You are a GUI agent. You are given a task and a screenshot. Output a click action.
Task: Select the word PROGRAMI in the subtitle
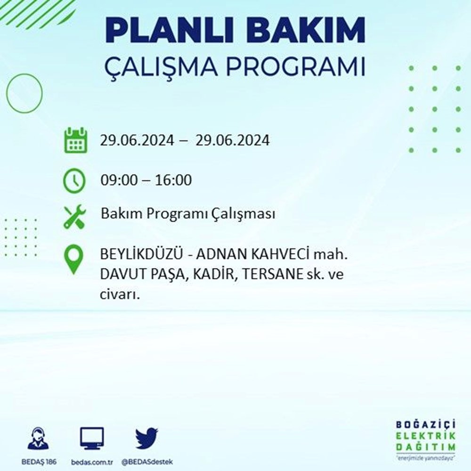[x=296, y=67]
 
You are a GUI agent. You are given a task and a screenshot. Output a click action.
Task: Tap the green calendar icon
[x=75, y=140]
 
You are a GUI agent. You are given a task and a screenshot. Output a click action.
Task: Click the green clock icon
[x=74, y=180]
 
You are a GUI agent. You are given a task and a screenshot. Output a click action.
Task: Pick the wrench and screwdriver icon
[x=75, y=216]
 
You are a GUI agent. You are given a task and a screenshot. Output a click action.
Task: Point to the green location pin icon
[x=73, y=260]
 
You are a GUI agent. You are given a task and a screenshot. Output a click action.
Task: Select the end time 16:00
[x=173, y=180]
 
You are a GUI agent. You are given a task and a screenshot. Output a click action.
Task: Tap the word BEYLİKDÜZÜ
[x=141, y=254]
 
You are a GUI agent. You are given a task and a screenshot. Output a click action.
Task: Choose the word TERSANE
[x=272, y=274]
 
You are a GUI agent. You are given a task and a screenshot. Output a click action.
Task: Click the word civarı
[x=120, y=295]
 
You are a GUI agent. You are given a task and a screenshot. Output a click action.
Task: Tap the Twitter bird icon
[x=146, y=439]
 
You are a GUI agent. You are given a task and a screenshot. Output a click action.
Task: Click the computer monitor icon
[x=92, y=438]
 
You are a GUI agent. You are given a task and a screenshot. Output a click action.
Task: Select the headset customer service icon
[x=38, y=439]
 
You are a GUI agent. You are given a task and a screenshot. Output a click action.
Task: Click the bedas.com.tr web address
[x=92, y=462]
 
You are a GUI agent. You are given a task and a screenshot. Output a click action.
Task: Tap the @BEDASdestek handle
[x=147, y=462]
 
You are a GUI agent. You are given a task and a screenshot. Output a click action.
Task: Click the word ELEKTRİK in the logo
[x=426, y=436]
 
